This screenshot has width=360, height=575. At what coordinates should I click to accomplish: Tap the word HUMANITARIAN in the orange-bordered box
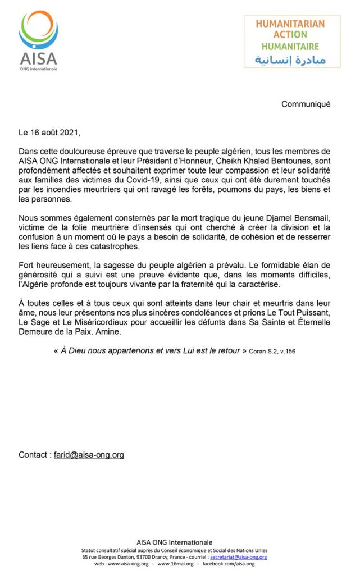click(x=290, y=24)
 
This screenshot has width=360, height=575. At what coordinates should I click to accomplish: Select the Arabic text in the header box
click(x=290, y=60)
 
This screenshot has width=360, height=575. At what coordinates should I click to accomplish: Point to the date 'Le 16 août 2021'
click(x=49, y=133)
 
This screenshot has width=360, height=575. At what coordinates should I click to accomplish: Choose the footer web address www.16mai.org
click(x=175, y=564)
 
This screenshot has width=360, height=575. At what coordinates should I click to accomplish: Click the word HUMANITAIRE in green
click(x=290, y=47)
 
